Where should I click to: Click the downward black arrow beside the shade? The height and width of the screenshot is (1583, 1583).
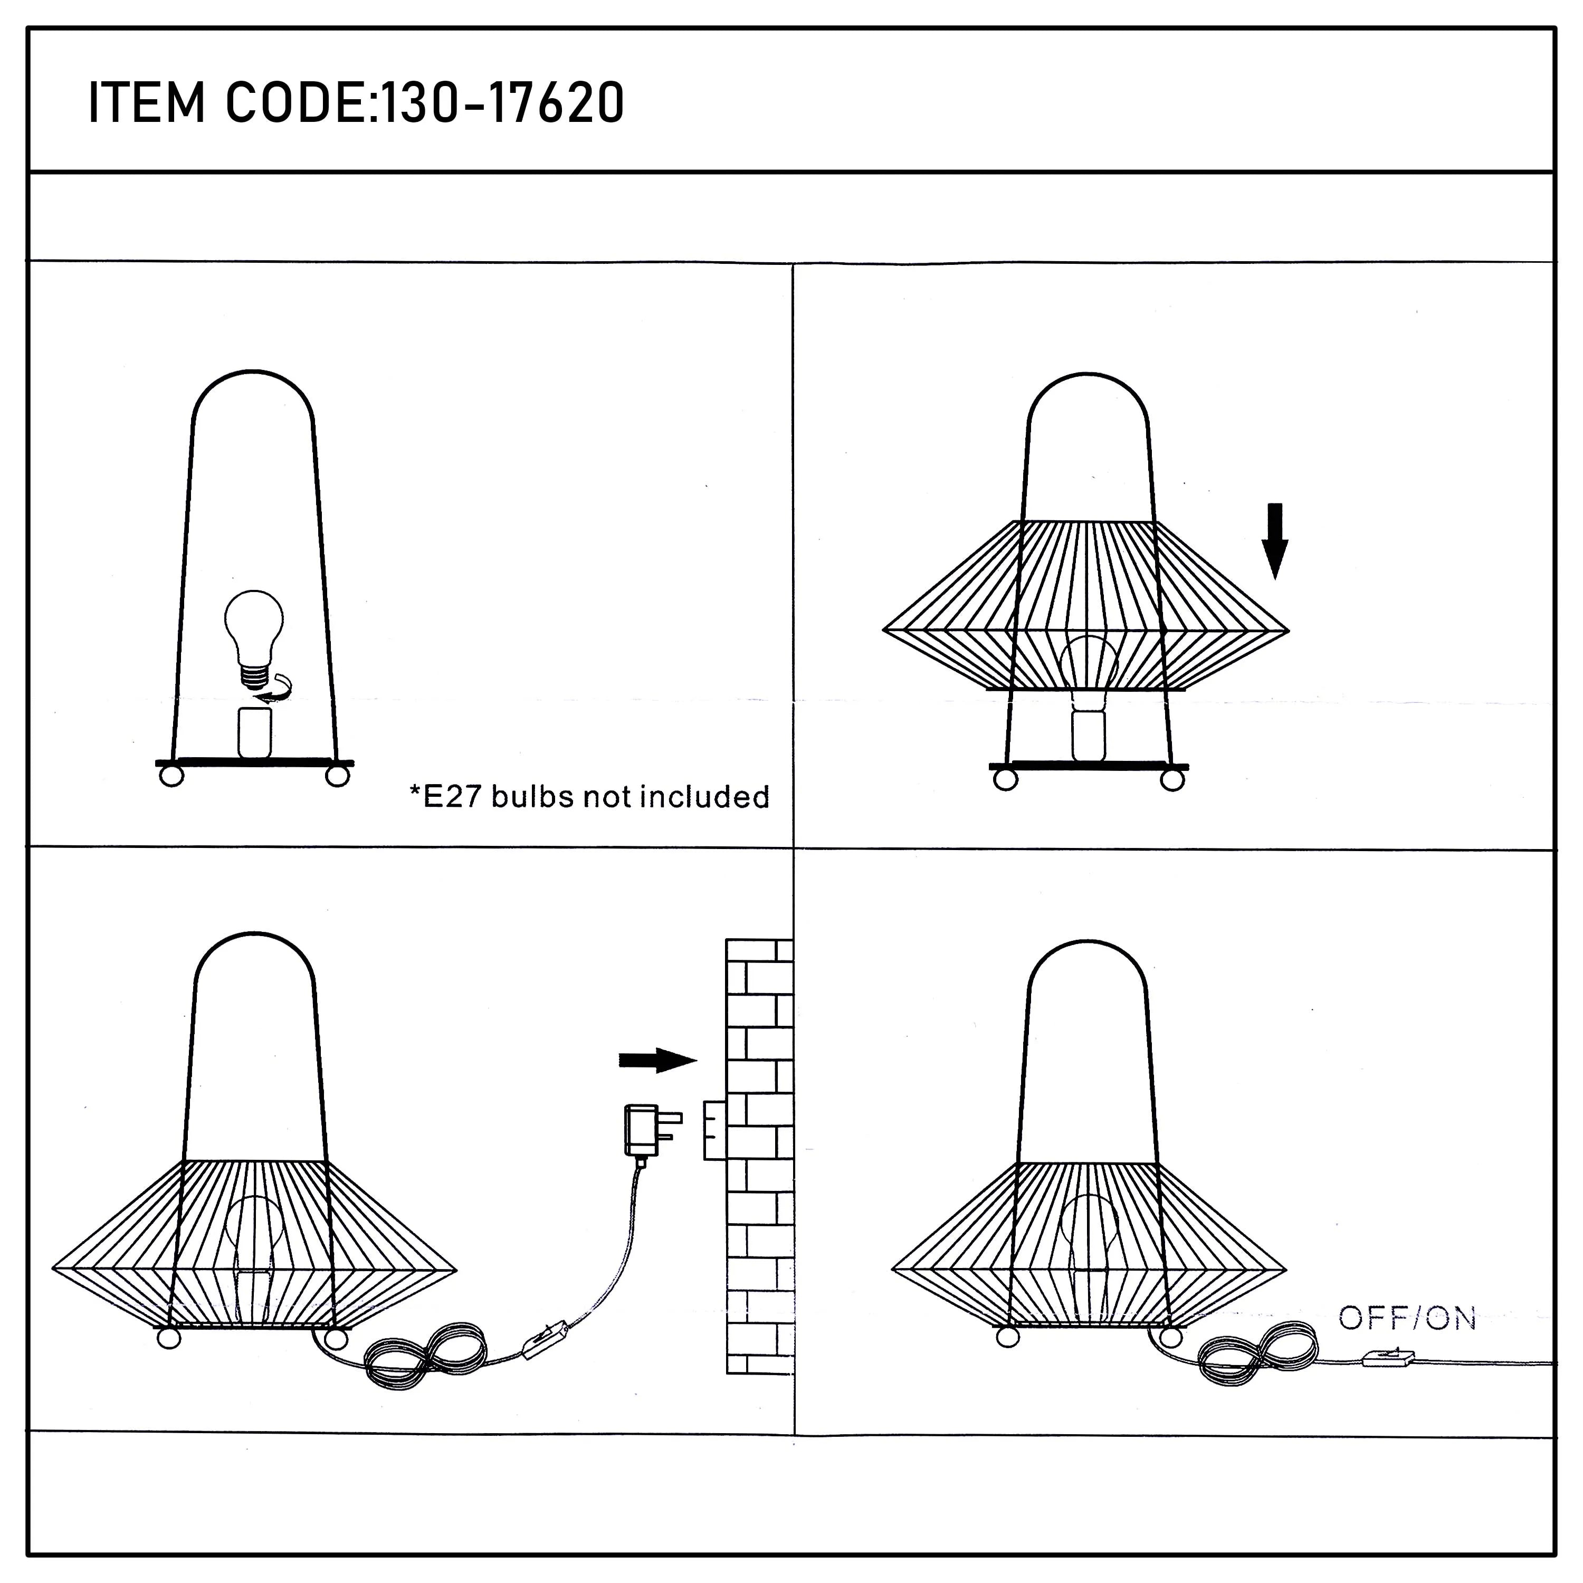point(1275,541)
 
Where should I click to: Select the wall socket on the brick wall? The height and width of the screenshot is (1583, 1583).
point(714,1131)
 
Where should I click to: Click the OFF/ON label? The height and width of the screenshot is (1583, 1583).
point(1407,1318)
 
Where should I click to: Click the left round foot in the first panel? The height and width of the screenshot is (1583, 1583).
point(171,776)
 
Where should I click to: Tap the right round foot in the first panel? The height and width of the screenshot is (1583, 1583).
point(338,776)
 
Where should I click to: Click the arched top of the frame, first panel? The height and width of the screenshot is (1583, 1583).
point(254,374)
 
